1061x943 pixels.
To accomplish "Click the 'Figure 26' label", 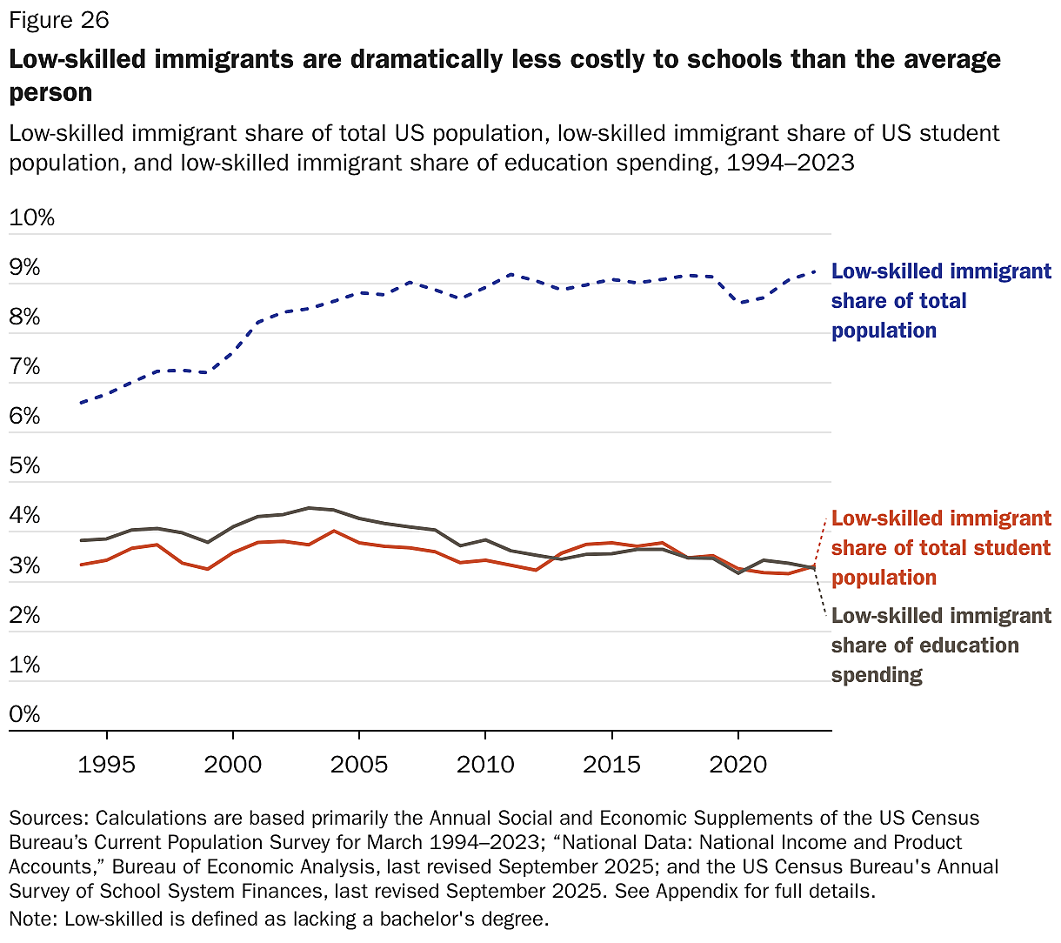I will tap(58, 20).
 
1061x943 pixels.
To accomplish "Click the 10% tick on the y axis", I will tap(32, 217).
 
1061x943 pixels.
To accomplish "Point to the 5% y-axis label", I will tap(25, 465).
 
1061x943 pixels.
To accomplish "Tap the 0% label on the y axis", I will tap(25, 714).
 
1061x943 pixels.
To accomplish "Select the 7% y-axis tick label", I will tap(25, 366).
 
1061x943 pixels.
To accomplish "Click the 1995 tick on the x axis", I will tap(107, 765).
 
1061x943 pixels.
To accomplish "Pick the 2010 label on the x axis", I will tap(485, 765).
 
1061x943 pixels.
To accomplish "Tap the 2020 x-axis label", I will tap(737, 765).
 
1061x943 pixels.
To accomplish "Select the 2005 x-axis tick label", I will tap(359, 765).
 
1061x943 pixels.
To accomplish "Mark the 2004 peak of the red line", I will tap(334, 531).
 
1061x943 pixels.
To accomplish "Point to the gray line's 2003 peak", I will tap(309, 507).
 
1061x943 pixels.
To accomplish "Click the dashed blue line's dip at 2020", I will tap(738, 302).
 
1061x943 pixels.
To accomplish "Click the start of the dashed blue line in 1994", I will tap(81, 403).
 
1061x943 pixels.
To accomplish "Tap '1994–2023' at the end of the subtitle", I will tap(791, 163).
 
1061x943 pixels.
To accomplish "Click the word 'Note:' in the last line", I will tap(34, 919).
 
